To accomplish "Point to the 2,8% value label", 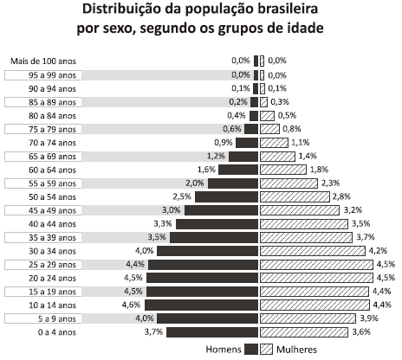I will click(341, 197).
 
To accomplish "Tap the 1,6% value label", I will click(205, 170).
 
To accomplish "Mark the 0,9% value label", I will click(223, 143).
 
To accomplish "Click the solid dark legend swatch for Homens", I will click(252, 350).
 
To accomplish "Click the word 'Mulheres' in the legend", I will click(297, 350).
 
